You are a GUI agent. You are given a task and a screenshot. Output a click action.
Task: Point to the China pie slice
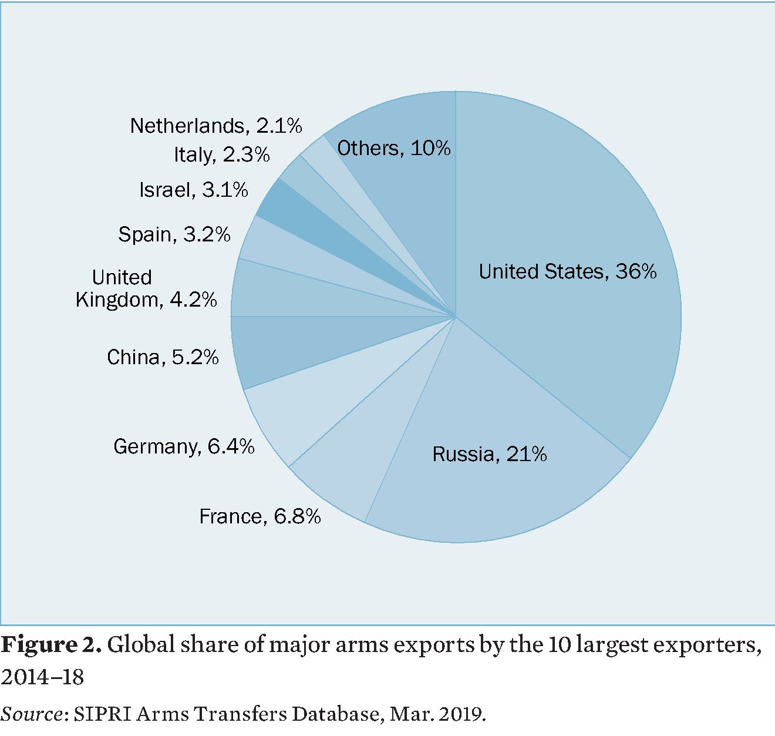click(282, 347)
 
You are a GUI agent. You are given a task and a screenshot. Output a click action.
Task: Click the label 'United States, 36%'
click(567, 271)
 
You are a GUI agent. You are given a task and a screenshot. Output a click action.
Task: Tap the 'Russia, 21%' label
click(490, 454)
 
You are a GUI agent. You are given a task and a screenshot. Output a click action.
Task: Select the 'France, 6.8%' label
click(260, 516)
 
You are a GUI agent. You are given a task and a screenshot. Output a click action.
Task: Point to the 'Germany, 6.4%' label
click(184, 446)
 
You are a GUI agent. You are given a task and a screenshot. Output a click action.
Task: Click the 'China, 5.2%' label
click(163, 357)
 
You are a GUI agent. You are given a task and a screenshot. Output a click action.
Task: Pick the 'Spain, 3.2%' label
click(174, 234)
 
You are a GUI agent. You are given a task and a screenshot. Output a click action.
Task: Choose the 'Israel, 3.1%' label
click(194, 190)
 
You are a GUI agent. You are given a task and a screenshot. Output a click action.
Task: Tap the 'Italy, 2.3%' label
click(222, 154)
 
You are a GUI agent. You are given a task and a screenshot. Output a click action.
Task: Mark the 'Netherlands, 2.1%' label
click(216, 126)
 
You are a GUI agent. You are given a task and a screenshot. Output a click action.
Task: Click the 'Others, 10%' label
click(393, 148)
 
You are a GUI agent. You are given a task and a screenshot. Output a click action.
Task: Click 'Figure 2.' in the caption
click(52, 645)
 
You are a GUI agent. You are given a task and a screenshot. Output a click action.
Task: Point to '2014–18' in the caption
click(42, 677)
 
